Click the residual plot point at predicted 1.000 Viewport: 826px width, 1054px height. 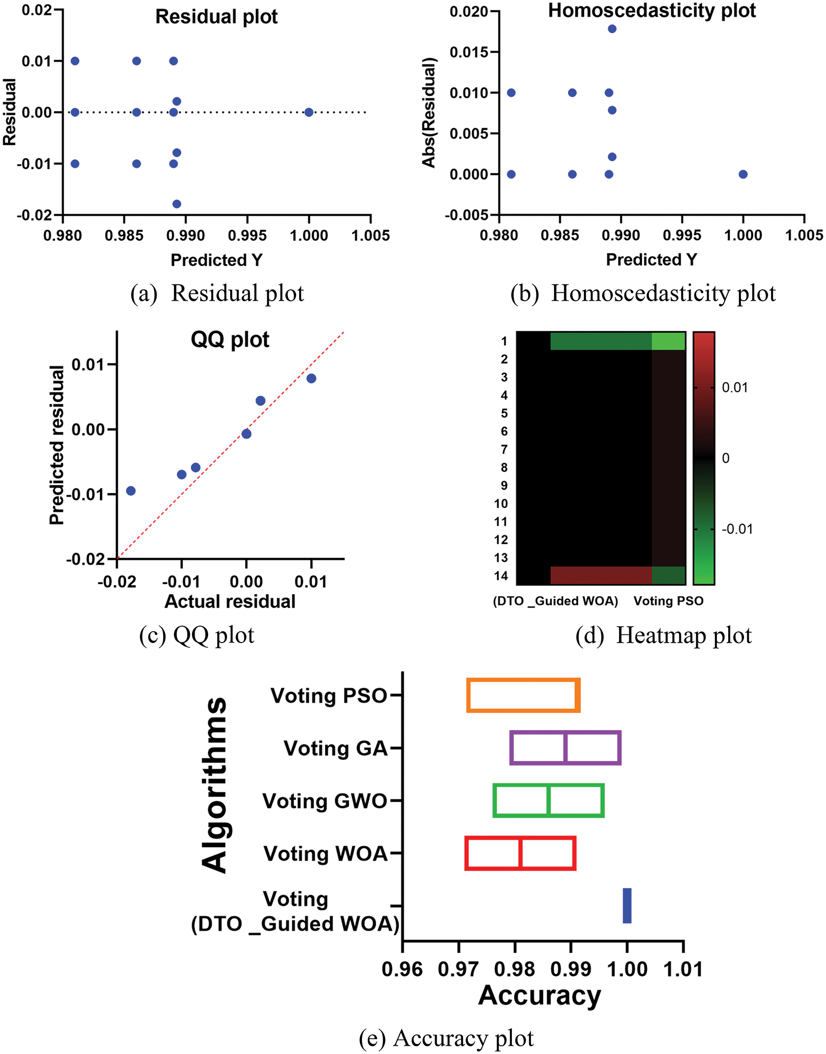(308, 112)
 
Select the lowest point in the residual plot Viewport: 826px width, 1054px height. (177, 204)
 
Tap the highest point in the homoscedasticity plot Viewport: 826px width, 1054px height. (612, 29)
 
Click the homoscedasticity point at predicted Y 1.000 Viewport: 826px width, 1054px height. (743, 174)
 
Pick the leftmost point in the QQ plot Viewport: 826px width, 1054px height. (131, 491)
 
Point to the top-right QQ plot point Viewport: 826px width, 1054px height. (311, 378)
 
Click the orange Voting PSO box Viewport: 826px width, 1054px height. (524, 696)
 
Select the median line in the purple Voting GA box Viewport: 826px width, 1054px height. (565, 748)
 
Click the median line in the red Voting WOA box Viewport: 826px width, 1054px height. (521, 853)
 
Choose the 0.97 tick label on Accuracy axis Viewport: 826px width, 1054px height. (458, 969)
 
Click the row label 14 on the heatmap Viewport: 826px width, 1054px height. (501, 576)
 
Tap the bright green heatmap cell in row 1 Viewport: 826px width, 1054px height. (668, 341)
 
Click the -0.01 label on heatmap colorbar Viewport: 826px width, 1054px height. (737, 529)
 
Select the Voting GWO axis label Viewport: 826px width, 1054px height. (324, 801)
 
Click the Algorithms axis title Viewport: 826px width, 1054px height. (214, 785)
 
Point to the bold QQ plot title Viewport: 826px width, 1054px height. (230, 340)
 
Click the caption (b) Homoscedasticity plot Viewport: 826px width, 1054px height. (643, 293)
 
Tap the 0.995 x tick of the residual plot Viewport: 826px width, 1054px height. (247, 236)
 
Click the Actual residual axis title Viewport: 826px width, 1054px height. (230, 601)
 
